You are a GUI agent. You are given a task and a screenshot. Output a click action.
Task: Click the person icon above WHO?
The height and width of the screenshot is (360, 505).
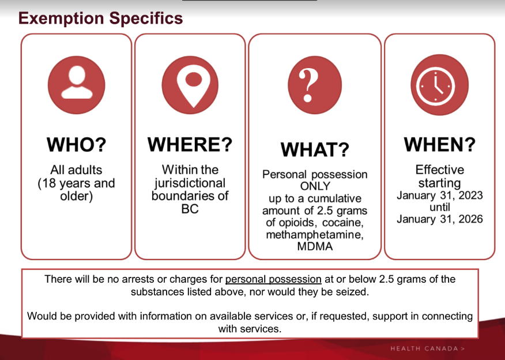point(76,85)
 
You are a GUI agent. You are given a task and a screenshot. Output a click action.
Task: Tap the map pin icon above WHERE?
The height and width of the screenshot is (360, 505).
point(190,85)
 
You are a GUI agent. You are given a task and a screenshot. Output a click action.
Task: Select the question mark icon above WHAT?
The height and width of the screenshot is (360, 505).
point(315,85)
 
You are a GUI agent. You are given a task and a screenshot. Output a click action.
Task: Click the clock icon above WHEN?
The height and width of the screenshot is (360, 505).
point(439,85)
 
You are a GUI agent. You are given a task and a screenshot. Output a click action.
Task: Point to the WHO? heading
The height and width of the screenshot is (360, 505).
point(76,144)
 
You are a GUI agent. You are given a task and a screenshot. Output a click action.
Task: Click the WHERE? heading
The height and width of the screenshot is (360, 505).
point(190,144)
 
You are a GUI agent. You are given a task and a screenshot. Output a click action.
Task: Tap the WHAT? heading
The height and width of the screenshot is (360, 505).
point(315,149)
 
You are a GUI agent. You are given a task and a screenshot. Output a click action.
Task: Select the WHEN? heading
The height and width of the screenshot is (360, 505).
point(440,144)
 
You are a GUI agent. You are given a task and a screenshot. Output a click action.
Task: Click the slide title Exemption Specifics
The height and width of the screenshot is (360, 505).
point(100,18)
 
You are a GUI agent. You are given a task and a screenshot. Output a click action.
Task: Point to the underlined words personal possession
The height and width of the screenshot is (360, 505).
point(273,279)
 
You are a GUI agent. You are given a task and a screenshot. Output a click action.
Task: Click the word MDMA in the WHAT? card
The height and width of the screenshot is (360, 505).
point(315,246)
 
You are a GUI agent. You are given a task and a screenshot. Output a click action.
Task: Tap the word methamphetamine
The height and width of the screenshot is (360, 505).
point(315,234)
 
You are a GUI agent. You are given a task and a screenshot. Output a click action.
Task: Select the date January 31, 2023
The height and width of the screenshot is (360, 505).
point(440,196)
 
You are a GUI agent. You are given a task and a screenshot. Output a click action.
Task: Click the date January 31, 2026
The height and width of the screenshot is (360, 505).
point(440,219)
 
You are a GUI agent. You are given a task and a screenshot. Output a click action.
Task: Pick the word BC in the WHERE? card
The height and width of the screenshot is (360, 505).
point(190,209)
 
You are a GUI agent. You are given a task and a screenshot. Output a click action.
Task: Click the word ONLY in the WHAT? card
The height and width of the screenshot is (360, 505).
point(315,186)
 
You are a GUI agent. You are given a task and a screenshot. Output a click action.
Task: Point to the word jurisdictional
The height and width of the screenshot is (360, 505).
point(190,183)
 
